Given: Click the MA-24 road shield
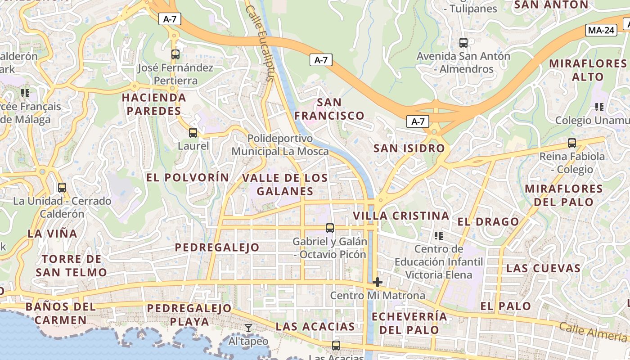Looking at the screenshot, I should coord(601,30).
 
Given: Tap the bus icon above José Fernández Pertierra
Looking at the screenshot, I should coord(175,54).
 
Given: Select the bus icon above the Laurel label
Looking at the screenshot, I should coord(193,133).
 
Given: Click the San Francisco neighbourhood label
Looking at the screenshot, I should coord(329,109).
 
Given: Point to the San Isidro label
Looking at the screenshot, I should coord(409,148).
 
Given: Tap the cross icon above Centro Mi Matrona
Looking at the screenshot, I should coord(378,282).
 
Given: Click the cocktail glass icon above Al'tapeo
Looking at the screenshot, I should coord(248,328).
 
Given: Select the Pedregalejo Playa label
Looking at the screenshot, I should coord(189,315).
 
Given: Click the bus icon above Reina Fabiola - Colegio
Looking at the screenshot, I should coord(572,143).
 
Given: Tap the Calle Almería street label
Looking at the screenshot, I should coord(593,332).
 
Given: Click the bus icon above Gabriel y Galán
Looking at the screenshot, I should coord(330,228).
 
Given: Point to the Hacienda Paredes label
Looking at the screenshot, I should coord(154,104).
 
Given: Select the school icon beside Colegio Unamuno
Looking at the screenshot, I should coord(599,107).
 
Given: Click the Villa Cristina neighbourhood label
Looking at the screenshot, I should coord(401,216).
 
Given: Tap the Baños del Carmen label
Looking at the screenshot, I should coord(61,314).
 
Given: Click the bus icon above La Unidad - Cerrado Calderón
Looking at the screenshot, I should coord(62,188).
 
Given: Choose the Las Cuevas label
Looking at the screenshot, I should coord(543,268).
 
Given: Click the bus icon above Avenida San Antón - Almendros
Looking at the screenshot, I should coord(463,43).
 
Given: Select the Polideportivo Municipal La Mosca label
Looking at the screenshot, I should coord(280,144).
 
